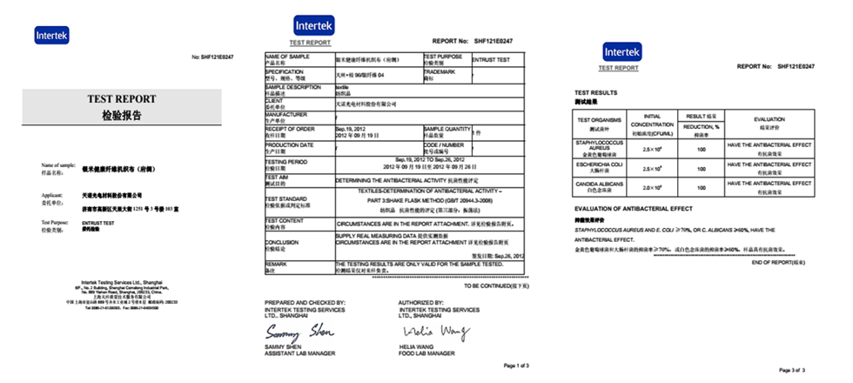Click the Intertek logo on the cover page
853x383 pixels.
(x=51, y=36)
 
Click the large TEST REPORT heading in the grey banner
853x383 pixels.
(x=120, y=98)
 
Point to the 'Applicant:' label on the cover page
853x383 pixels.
(x=53, y=196)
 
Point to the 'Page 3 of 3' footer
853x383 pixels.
(x=797, y=371)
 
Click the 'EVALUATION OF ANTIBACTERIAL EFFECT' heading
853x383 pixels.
(x=634, y=209)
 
